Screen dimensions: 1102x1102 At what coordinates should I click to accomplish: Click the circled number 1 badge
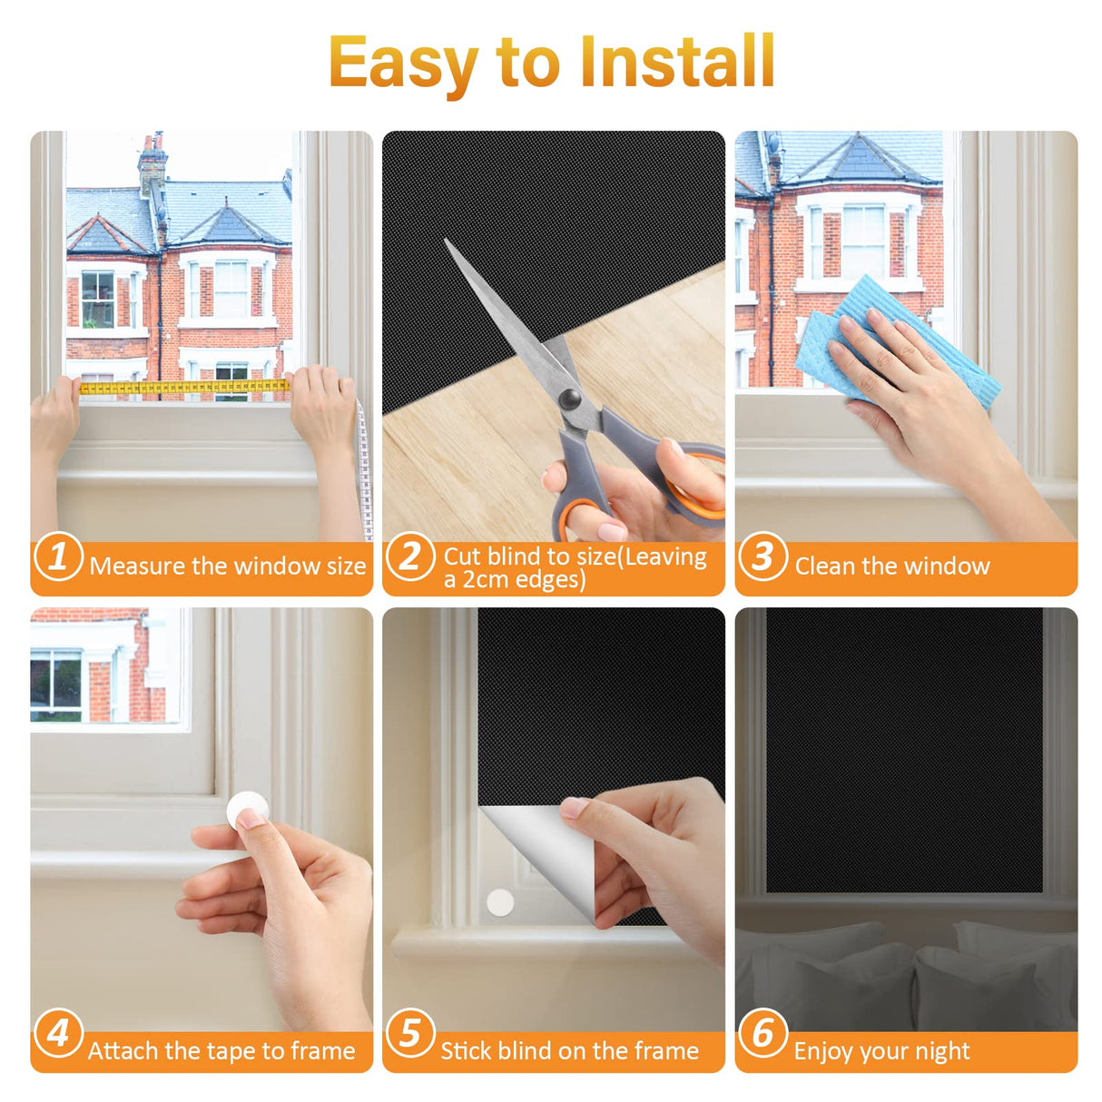[58, 556]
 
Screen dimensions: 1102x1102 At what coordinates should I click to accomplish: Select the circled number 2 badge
[410, 556]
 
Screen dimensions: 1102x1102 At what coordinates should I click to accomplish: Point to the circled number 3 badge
[763, 556]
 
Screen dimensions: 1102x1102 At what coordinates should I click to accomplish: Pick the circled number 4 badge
[58, 1033]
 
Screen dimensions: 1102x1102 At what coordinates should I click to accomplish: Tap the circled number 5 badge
[410, 1033]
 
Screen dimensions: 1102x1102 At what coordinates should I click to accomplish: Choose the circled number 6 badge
[763, 1033]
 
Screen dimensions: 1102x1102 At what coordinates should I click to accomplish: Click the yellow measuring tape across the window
[184, 388]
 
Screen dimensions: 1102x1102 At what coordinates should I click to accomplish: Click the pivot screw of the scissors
[569, 398]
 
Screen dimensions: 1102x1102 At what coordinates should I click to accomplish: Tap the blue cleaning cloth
[898, 341]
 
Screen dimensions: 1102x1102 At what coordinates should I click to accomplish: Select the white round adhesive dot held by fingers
[248, 810]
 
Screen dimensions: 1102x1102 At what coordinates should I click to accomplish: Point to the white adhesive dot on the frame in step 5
[500, 902]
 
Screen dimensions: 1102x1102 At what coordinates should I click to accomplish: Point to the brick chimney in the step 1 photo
[153, 166]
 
